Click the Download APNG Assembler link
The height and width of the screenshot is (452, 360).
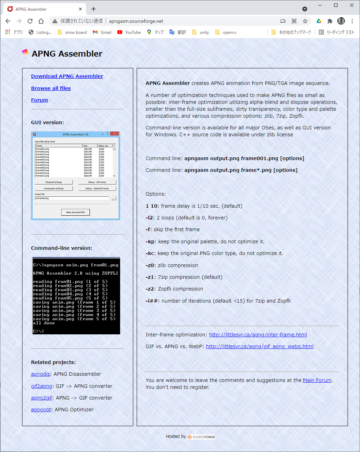pyautogui.click(x=67, y=76)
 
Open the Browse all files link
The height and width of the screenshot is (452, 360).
pyautogui.click(x=51, y=88)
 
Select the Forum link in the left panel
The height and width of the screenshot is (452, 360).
pyautogui.click(x=39, y=100)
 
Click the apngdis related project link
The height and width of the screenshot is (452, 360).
pyautogui.click(x=40, y=374)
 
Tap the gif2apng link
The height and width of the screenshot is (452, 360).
pyautogui.click(x=41, y=386)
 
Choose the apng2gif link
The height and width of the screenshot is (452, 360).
pyautogui.click(x=41, y=398)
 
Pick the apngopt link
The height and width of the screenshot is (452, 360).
pyautogui.click(x=41, y=410)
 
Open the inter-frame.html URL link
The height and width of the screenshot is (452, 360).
pyautogui.click(x=258, y=335)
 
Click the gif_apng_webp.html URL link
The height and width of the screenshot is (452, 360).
pyautogui.click(x=260, y=346)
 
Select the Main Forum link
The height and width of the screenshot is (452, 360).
pyautogui.click(x=317, y=380)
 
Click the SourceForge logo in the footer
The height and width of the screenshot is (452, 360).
pyautogui.click(x=201, y=437)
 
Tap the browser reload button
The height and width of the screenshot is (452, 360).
pyautogui.click(x=30, y=21)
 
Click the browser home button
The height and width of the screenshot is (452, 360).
pyautogui.click(x=41, y=21)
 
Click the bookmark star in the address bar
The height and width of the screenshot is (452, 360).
pyautogui.click(x=305, y=21)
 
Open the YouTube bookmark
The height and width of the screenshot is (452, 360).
pyautogui.click(x=129, y=32)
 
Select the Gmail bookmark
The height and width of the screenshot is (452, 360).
pyautogui.click(x=102, y=32)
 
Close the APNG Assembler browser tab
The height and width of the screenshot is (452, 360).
pyautogui.click(x=80, y=9)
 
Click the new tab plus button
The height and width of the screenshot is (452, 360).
pyautogui.click(x=94, y=9)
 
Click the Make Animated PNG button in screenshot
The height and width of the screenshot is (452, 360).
pyautogui.click(x=75, y=212)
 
